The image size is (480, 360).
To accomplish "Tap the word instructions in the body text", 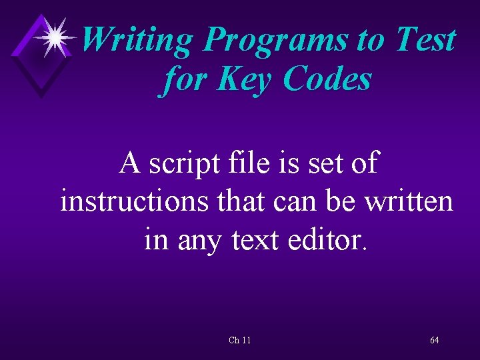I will (x=134, y=201).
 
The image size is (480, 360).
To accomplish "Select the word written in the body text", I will (x=414, y=201).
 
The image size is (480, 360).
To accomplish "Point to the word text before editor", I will (x=256, y=241).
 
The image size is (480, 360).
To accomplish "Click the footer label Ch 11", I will (x=239, y=340).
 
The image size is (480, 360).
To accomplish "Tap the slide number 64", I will (x=434, y=340).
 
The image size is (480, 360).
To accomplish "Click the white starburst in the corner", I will (x=55, y=37).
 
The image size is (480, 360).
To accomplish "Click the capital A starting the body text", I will (x=130, y=163).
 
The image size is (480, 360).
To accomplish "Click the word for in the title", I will (x=182, y=79).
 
